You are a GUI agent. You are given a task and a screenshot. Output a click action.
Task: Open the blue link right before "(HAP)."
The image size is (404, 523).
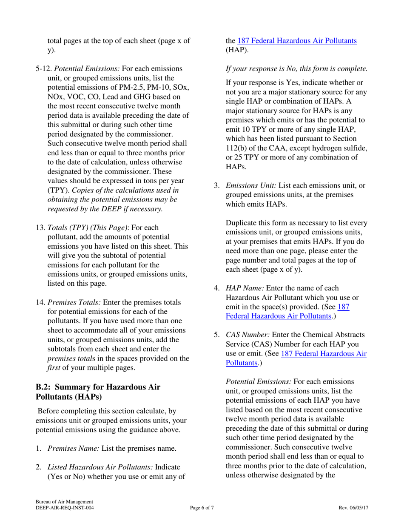297,41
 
